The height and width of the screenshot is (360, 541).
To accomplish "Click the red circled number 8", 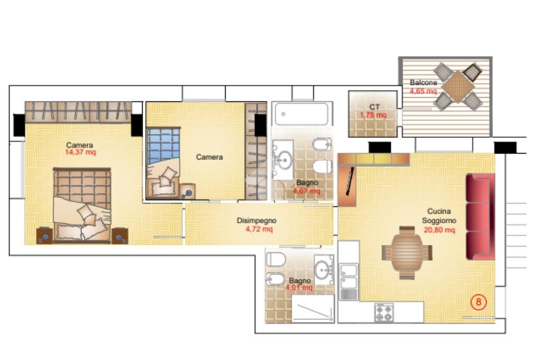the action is pyautogui.click(x=479, y=302).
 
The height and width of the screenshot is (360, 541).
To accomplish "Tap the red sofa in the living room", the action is pyautogui.click(x=480, y=216).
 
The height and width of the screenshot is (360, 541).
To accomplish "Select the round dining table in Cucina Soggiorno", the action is pyautogui.click(x=407, y=252).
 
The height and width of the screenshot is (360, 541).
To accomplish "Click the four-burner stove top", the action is pyautogui.click(x=384, y=313).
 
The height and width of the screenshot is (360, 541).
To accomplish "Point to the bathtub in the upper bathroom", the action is pyautogui.click(x=301, y=114).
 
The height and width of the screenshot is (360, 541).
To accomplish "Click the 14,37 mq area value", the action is pyautogui.click(x=81, y=152).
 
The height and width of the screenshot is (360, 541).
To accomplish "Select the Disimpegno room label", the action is pyautogui.click(x=256, y=220).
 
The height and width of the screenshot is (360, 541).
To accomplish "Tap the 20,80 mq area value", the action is pyautogui.click(x=439, y=230).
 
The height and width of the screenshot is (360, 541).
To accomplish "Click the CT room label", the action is pyautogui.click(x=375, y=107).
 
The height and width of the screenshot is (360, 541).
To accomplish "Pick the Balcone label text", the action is pyautogui.click(x=423, y=83).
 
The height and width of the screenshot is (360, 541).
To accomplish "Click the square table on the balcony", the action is pyautogui.click(x=458, y=87).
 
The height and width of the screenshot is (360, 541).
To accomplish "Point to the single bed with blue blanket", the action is pyautogui.click(x=163, y=163).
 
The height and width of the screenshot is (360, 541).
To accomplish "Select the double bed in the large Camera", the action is pyautogui.click(x=82, y=205).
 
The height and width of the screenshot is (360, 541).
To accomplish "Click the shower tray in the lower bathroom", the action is pyautogui.click(x=313, y=308).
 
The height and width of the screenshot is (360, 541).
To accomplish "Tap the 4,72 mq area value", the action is pyautogui.click(x=259, y=229).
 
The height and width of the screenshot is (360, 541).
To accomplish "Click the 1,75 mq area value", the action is pyautogui.click(x=373, y=115).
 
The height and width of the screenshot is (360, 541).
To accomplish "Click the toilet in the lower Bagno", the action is pyautogui.click(x=276, y=259).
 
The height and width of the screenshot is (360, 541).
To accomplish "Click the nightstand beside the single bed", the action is pyautogui.click(x=188, y=192).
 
